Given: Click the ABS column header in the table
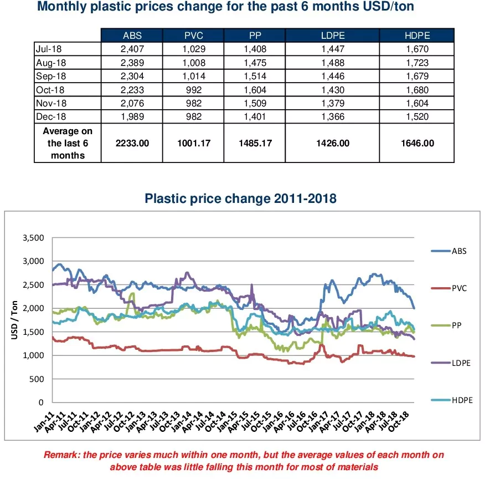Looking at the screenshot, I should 132,36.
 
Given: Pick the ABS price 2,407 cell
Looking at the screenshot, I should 132,49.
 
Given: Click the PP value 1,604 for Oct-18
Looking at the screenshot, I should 255,90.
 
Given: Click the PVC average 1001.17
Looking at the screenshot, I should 193,143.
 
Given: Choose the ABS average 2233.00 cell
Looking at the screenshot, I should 132,143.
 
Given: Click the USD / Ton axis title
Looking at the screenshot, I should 16,320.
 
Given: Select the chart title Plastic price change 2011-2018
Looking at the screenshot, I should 240,198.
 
